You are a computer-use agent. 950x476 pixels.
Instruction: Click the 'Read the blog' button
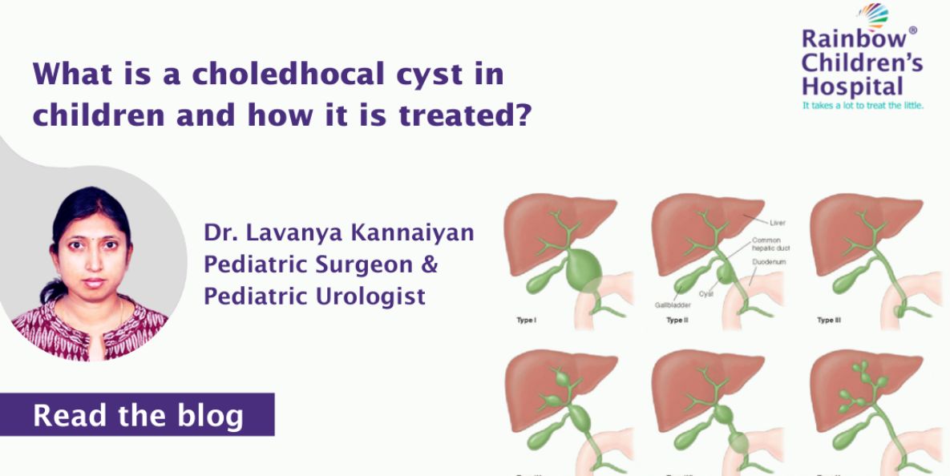[137, 415]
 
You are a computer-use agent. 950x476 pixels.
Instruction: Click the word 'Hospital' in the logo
[852, 87]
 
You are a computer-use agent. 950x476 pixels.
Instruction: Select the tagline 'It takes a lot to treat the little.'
[863, 105]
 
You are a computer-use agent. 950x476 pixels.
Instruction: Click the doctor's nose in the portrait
[92, 261]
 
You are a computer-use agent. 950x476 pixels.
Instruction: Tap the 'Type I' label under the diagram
[528, 320]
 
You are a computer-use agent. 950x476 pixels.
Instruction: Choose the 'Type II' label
[678, 320]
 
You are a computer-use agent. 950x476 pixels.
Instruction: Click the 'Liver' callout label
[777, 222]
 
